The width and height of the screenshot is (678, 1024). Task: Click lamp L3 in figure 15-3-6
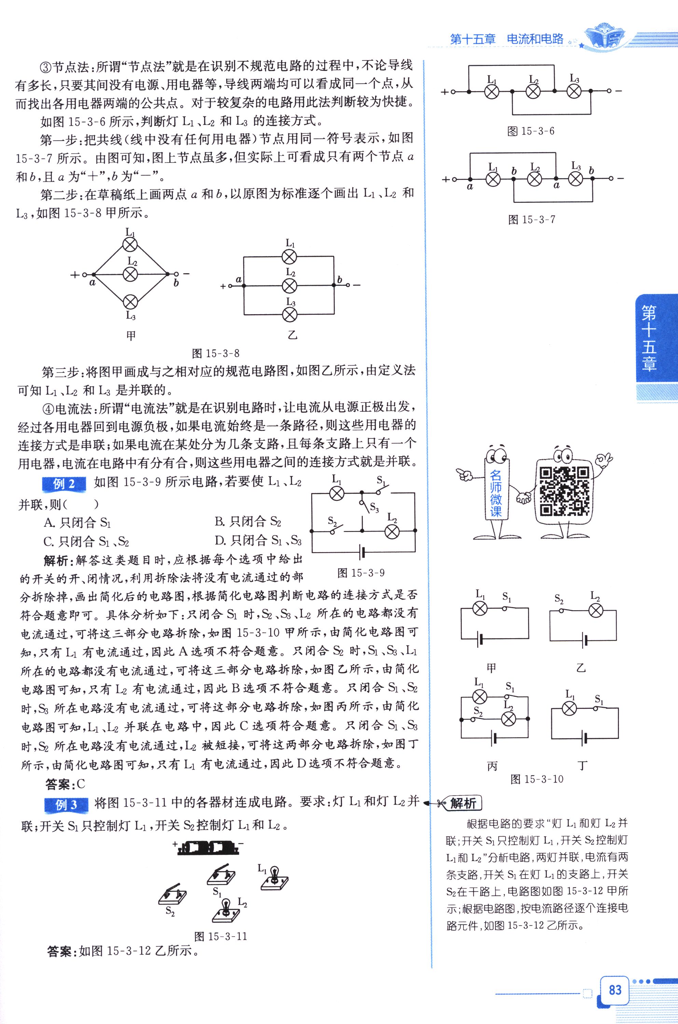(574, 92)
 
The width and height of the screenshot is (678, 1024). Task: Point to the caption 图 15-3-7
(531, 220)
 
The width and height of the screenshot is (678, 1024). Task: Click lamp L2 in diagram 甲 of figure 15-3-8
(130, 274)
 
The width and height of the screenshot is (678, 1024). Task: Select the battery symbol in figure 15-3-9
(362, 552)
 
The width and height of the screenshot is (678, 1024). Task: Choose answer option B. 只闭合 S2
(247, 522)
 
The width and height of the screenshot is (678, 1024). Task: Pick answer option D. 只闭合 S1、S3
(258, 540)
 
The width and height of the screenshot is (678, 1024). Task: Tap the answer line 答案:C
(65, 784)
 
